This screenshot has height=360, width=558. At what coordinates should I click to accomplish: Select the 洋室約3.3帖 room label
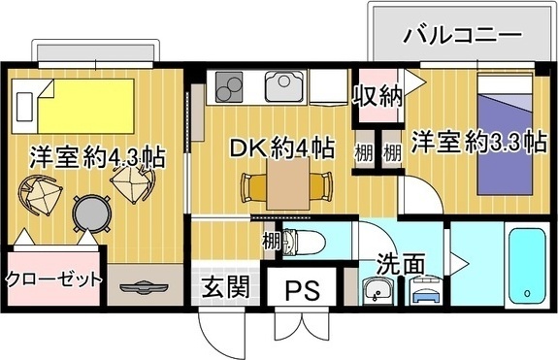[476, 142]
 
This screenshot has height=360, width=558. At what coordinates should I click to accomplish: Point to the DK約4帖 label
[281, 148]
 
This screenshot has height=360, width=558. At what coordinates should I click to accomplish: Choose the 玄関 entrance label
[225, 287]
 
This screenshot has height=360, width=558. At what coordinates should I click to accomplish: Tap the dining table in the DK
[287, 181]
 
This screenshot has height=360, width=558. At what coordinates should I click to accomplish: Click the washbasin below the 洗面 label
[377, 289]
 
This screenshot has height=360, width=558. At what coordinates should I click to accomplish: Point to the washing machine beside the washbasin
[423, 289]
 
